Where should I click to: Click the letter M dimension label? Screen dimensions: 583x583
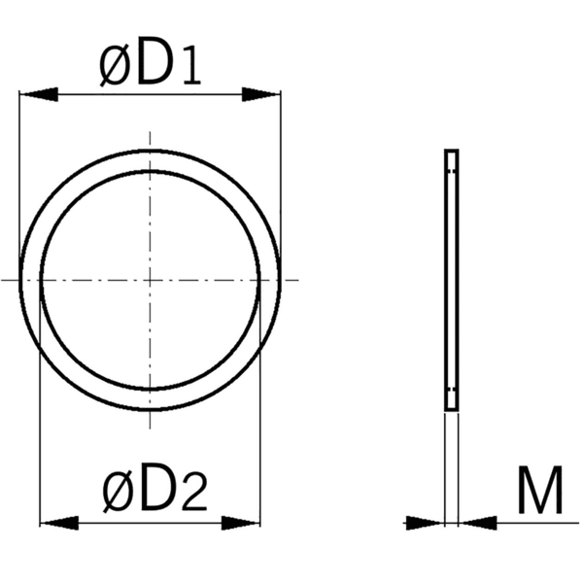click(x=540, y=493)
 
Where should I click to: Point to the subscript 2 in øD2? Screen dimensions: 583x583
click(x=193, y=497)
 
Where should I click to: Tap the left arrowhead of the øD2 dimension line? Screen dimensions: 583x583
click(x=57, y=522)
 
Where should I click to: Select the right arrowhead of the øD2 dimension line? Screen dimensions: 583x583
click(x=243, y=522)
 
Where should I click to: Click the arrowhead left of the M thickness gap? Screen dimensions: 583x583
click(x=426, y=522)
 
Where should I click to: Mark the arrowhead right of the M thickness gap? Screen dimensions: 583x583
click(x=476, y=522)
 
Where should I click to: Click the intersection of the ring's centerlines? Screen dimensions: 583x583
click(x=150, y=280)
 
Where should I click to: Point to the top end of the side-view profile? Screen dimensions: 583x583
click(x=451, y=153)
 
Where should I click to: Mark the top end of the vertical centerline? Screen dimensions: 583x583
click(x=150, y=132)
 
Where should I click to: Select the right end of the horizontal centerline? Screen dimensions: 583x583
click(x=299, y=280)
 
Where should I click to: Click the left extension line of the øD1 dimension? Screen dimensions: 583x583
click(x=19, y=175)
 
